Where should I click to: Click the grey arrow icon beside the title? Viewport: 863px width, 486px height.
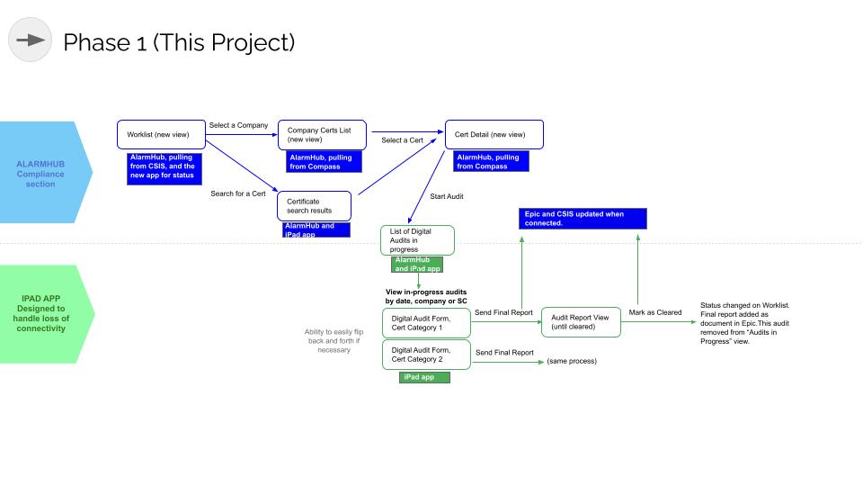pyautogui.click(x=31, y=40)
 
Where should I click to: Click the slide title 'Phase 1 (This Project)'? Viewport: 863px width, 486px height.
pyautogui.click(x=179, y=41)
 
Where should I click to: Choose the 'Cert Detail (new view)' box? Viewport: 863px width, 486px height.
pyautogui.click(x=494, y=134)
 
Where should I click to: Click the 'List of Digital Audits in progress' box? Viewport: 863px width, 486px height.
pyautogui.click(x=418, y=240)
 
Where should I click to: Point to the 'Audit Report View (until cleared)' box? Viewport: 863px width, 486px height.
pyautogui.click(x=581, y=322)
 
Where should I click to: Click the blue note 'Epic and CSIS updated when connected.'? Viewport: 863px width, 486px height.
pyautogui.click(x=583, y=219)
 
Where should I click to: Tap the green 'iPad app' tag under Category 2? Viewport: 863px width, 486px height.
pyautogui.click(x=424, y=377)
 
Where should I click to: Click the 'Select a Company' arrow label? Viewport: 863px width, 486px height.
pyautogui.click(x=238, y=125)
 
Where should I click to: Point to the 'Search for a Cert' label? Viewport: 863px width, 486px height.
pyautogui.click(x=237, y=193)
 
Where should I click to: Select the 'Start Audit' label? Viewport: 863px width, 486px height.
pyautogui.click(x=447, y=195)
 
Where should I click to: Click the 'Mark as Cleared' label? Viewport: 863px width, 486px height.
pyautogui.click(x=655, y=312)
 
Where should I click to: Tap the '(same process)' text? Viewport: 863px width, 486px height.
pyautogui.click(x=572, y=360)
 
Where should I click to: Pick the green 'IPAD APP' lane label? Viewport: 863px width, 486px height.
pyautogui.click(x=45, y=313)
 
